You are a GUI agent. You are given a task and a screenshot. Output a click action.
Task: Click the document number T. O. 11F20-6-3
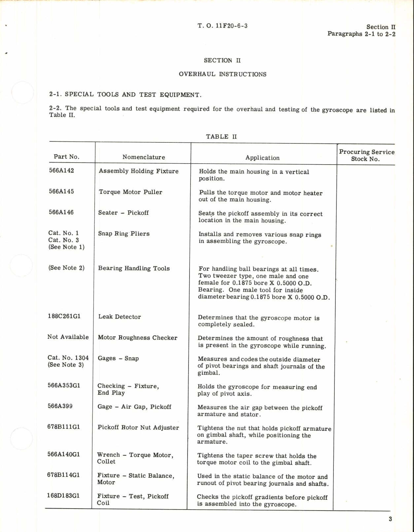[223, 26]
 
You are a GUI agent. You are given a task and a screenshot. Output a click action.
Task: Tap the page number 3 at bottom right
[390, 519]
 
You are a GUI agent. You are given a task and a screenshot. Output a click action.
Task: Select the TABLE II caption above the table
[221, 136]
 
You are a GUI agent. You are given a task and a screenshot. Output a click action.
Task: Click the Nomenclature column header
[144, 157]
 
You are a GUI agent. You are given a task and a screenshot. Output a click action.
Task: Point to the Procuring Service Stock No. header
[366, 155]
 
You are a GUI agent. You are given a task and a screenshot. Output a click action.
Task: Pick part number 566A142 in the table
[61, 171]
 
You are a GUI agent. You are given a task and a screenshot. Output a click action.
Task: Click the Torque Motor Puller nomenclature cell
[130, 192]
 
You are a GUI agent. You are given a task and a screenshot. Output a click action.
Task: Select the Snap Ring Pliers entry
[124, 234]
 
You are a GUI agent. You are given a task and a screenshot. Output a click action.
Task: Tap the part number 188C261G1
[64, 316]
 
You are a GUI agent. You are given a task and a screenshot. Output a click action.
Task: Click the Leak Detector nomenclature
[120, 317]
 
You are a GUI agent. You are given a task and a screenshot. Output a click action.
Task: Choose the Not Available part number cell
[68, 337]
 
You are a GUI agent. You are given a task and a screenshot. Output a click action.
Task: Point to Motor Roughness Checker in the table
[137, 338]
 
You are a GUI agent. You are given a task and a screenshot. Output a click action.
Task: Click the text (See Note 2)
[66, 268]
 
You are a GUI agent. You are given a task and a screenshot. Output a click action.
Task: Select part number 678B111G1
[63, 427]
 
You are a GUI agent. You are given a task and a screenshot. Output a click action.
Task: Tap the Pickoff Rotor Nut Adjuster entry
[138, 427]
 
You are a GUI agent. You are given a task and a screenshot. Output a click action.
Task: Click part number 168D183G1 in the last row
[63, 496]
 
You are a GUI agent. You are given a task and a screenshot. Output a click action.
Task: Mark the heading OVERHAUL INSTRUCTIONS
[223, 74]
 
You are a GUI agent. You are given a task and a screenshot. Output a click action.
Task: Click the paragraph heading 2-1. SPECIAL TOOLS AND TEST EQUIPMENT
[125, 95]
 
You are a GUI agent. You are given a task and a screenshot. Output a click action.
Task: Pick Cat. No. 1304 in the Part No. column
[68, 358]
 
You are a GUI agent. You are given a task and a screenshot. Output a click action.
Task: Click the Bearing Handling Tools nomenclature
[134, 268]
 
